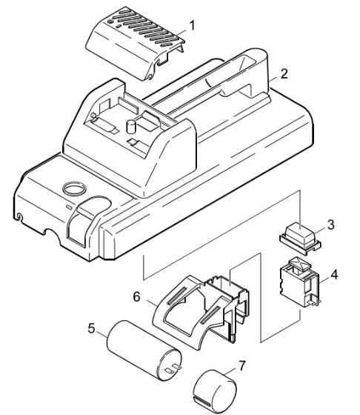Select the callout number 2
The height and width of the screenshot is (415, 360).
282,76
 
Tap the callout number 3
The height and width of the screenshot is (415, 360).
331,224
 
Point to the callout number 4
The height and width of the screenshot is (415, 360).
334,275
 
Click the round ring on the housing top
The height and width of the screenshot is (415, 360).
76,189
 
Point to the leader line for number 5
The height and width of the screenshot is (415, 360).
103,332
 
